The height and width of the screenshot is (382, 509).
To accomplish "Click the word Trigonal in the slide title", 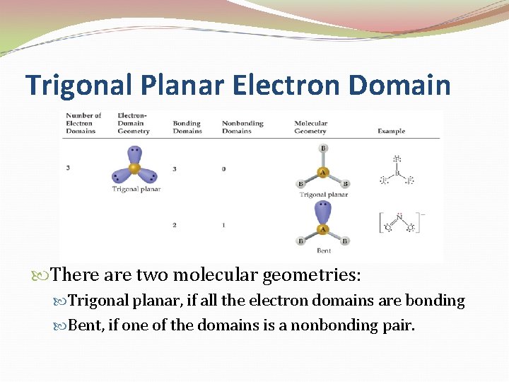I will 78,85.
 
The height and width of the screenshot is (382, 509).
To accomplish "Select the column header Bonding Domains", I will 187,127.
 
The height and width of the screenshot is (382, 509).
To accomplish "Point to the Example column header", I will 391,131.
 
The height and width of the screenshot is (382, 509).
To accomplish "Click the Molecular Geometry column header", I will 310,127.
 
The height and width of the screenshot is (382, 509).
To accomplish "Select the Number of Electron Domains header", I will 83,123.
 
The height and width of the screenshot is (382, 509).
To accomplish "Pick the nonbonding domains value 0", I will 224,168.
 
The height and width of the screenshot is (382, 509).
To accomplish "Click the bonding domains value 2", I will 175,225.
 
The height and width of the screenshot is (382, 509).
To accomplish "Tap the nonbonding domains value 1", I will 224,225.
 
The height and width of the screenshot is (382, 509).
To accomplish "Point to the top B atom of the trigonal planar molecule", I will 323,148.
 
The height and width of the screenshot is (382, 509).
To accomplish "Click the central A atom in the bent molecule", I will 323,228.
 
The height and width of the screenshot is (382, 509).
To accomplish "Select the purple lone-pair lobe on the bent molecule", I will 323,212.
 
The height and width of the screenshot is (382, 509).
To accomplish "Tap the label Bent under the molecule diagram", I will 323,251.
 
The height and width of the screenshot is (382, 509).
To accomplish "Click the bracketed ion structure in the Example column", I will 399,222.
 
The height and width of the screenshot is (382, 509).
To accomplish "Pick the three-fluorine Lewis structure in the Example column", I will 397,170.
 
